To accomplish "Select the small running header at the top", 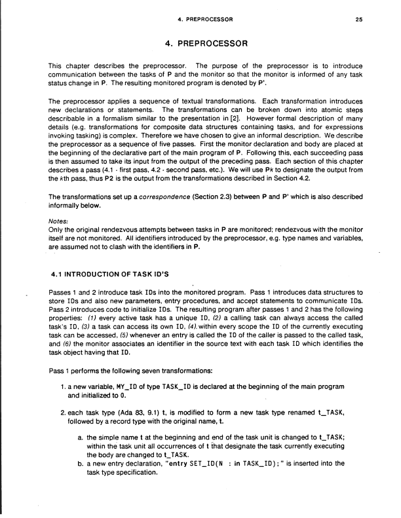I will [x=201, y=20].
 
